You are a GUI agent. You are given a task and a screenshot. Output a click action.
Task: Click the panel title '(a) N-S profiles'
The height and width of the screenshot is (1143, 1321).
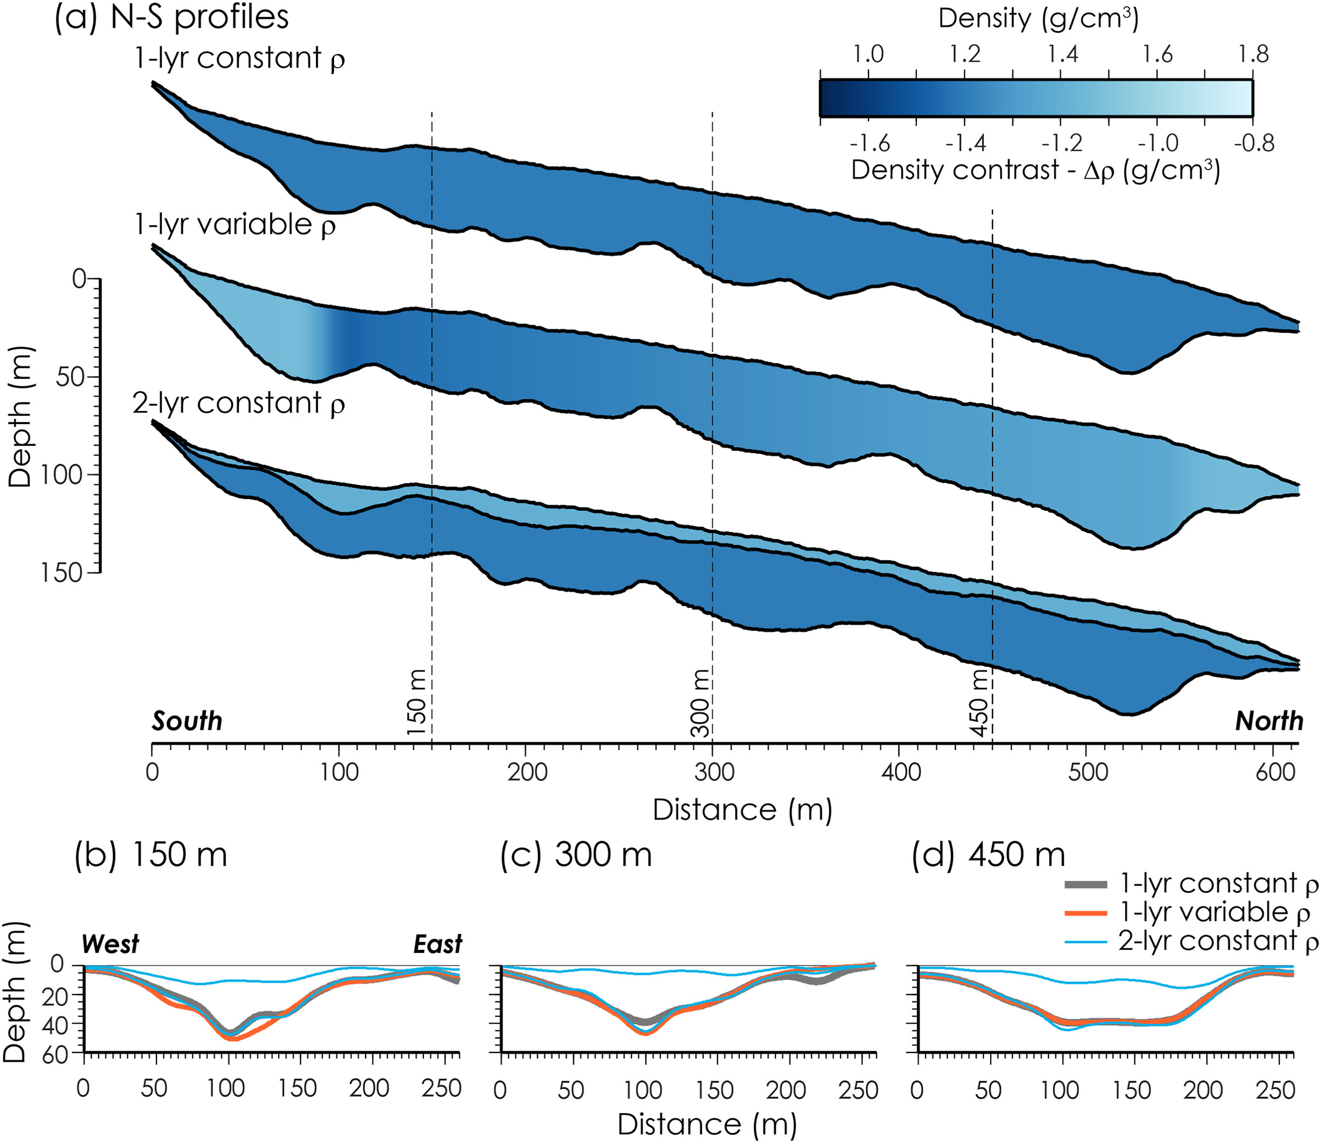point(172,17)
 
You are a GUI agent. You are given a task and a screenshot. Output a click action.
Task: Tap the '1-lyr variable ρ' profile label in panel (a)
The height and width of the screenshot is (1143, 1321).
point(235,225)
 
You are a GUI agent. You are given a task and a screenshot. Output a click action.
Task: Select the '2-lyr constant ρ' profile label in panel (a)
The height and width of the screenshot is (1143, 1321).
point(238,403)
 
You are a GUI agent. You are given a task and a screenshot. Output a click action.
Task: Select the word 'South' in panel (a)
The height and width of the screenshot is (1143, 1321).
point(187,721)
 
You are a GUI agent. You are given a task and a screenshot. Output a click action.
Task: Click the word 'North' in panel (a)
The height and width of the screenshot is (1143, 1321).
point(1269,721)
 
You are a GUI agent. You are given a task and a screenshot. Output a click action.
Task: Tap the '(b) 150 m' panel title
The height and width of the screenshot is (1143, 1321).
point(150,854)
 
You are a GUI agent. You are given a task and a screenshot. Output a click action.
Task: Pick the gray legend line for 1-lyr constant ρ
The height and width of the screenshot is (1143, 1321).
point(1086,883)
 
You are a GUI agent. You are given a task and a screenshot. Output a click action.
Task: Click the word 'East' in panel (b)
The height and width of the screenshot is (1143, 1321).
point(438,943)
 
